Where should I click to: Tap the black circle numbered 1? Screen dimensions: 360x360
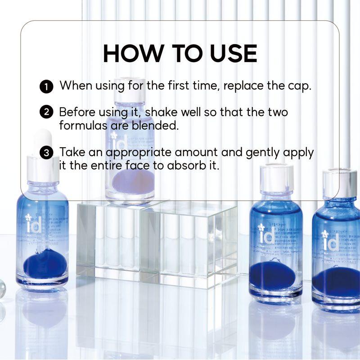pyautogui.click(x=46, y=86)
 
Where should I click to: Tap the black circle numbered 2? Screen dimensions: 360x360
pyautogui.click(x=46, y=112)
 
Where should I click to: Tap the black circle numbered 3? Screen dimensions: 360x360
pyautogui.click(x=46, y=153)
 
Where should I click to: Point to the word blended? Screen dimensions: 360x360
pyautogui.click(x=154, y=125)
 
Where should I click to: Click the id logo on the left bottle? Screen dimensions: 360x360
pyautogui.click(x=34, y=224)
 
